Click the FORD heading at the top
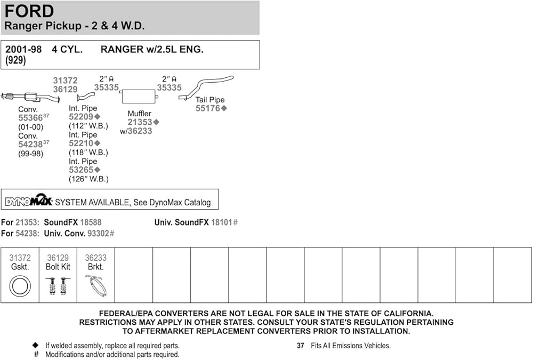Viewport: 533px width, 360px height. [x=29, y=11]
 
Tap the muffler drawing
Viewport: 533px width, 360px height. [x=138, y=96]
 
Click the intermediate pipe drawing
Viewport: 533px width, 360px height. [x=85, y=97]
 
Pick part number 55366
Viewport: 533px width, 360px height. [x=30, y=118]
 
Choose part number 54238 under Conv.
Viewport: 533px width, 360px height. [x=30, y=145]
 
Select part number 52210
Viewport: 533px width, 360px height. [x=81, y=143]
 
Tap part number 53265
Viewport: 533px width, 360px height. [x=81, y=170]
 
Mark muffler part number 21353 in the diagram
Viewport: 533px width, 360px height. [x=140, y=122]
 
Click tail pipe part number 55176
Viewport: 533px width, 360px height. [x=208, y=108]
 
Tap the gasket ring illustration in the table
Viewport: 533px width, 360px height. [x=20, y=287]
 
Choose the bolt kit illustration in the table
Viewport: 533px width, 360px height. [x=58, y=286]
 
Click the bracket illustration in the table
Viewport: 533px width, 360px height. [x=96, y=286]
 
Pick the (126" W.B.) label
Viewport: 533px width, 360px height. [x=88, y=179]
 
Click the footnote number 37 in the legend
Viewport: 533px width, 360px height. [x=301, y=346]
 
